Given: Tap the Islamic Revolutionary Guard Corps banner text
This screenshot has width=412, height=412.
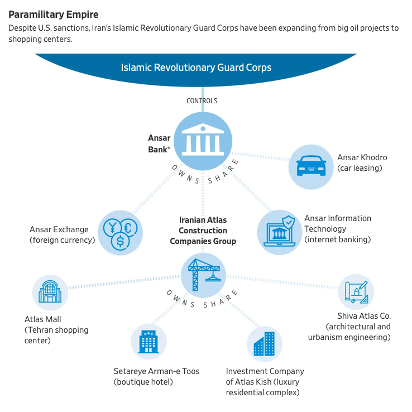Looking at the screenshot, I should (x=196, y=68).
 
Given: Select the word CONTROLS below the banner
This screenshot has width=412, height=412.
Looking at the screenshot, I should (x=202, y=101).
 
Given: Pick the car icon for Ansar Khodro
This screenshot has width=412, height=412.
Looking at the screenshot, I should (x=311, y=166).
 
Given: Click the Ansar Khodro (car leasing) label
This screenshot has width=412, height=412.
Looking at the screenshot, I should (x=362, y=162).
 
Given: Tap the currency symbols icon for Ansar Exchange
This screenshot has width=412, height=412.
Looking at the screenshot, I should (x=119, y=233).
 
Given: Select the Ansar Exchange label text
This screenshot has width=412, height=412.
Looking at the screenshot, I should (x=62, y=234).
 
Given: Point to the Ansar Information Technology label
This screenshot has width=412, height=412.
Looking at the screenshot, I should (x=337, y=228).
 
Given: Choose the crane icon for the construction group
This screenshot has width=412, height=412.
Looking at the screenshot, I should (x=203, y=274).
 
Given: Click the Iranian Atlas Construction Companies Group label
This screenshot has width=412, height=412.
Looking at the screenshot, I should (x=203, y=231).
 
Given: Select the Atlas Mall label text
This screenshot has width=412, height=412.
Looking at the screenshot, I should (x=56, y=329).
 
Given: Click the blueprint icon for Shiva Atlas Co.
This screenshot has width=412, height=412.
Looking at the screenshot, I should (x=356, y=291).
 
